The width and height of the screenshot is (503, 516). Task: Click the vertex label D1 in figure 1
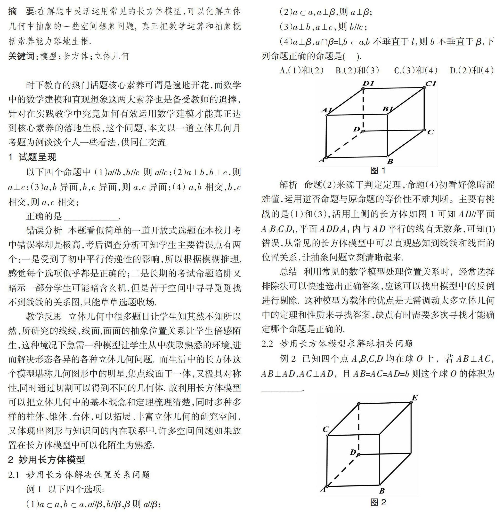tap(368, 83)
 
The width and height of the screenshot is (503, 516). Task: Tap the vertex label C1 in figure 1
tap(431, 84)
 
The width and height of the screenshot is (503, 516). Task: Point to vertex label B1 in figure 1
tap(388, 109)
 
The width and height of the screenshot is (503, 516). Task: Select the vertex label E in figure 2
tap(414, 398)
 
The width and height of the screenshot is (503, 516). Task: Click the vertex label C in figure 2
tap(325, 430)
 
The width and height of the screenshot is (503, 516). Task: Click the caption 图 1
tap(378, 171)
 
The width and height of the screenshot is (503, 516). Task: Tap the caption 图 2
tap(378, 502)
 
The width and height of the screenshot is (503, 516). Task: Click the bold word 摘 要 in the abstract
tap(21, 11)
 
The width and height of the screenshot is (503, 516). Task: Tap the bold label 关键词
tap(23, 56)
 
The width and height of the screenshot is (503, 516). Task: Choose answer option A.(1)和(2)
tap(301, 70)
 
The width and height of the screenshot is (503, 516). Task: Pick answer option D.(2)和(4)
tap(471, 70)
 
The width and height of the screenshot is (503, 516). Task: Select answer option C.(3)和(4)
tap(415, 70)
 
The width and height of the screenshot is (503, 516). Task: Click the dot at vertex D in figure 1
tap(364, 131)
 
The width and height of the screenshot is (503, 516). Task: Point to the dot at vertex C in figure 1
tap(424, 130)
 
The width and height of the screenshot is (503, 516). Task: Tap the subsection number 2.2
tap(267, 344)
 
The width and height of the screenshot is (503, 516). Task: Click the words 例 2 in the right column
tap(288, 359)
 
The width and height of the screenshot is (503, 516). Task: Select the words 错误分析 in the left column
tap(44, 230)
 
